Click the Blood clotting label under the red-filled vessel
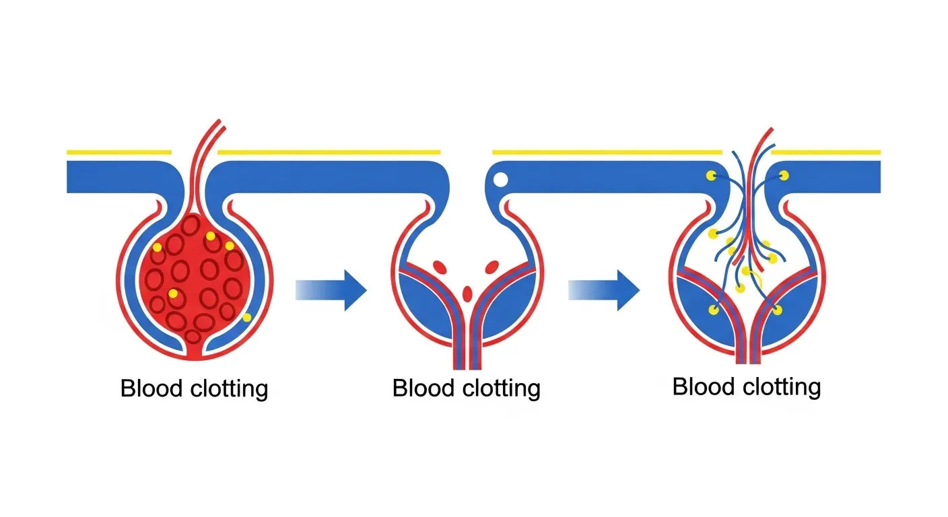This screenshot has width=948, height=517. (194, 388)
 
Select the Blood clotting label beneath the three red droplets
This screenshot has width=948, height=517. (466, 388)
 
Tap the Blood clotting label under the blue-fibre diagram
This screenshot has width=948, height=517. (746, 387)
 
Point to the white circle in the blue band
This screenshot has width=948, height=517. (500, 180)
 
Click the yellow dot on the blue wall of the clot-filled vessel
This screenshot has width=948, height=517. (246, 317)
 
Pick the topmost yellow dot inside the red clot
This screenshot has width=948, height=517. (211, 236)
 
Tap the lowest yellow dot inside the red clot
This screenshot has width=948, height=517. (174, 294)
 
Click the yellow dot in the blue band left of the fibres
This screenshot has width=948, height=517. (710, 176)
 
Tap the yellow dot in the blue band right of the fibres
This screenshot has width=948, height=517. (784, 176)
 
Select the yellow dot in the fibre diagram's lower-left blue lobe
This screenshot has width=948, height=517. (713, 310)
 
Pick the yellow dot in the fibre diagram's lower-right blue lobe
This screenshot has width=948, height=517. (777, 310)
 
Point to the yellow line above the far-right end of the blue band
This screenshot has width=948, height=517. (825, 152)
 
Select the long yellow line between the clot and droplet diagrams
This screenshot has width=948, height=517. (329, 152)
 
